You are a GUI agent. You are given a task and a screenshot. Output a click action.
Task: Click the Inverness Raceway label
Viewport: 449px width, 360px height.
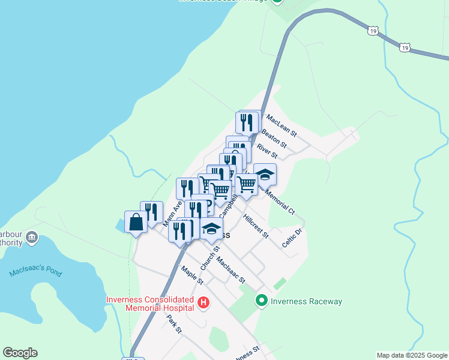pyautogui.click(x=306, y=301)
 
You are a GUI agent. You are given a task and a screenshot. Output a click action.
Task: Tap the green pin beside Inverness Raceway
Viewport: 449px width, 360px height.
pyautogui.click(x=261, y=301)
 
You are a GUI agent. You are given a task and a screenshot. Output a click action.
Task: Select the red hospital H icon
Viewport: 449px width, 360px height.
pyautogui.click(x=203, y=303)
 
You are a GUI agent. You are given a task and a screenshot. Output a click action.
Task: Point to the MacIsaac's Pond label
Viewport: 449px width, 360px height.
pyautogui.click(x=35, y=272)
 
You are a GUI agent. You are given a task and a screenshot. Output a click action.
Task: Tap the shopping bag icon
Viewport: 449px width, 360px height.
pyautogui.click(x=136, y=222)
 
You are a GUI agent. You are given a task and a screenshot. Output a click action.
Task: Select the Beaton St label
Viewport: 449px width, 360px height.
pyautogui.click(x=274, y=138)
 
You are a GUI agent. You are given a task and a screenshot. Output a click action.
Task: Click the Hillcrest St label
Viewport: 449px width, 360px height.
pyautogui.click(x=256, y=225)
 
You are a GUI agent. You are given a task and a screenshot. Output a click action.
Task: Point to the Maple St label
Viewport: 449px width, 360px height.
pyautogui.click(x=193, y=275)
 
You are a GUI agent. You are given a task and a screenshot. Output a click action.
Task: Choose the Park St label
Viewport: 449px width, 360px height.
pyautogui.click(x=174, y=323)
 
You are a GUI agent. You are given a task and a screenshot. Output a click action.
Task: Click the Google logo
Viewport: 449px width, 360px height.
pyautogui.click(x=20, y=353)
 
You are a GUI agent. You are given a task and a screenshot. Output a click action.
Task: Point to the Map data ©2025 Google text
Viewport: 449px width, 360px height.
pyautogui.click(x=412, y=355)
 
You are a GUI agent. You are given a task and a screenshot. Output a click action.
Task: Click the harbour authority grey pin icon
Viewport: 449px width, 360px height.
pyautogui.click(x=32, y=238)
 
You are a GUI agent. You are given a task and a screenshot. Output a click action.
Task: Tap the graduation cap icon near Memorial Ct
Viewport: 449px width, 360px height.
pyautogui.click(x=265, y=175)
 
